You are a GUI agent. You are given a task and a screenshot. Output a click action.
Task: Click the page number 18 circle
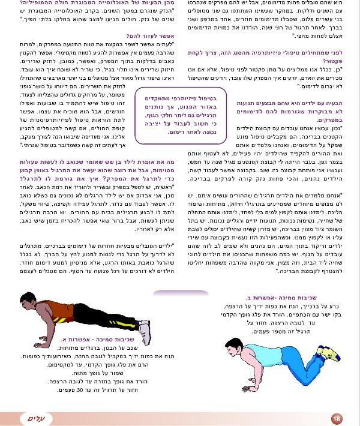pos(337,418)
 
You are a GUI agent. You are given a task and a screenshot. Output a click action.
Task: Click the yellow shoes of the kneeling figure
pos(328,353)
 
